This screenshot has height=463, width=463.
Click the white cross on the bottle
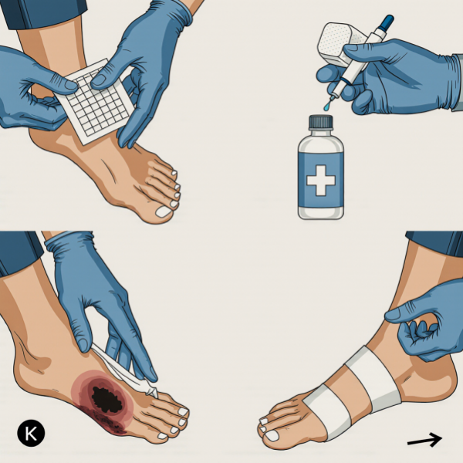pos(321,180)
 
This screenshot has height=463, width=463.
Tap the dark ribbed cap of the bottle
pos(321,122)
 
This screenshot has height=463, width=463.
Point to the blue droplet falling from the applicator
pos(326,107)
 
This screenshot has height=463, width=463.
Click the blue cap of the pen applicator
pos(386,22)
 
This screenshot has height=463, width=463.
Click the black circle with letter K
pos(31,433)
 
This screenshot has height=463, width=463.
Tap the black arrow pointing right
pos(424,440)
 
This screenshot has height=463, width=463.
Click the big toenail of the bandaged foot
pos(272,436)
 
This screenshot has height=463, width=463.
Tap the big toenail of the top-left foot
pos(164,211)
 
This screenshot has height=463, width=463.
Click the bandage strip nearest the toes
pos(328,411)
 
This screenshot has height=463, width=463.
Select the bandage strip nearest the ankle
pos(373,380)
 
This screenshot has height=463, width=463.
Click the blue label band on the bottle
pos(321,180)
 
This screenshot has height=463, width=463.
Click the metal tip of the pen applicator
pos(333,97)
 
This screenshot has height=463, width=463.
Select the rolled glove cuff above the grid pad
pos(182,13)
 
